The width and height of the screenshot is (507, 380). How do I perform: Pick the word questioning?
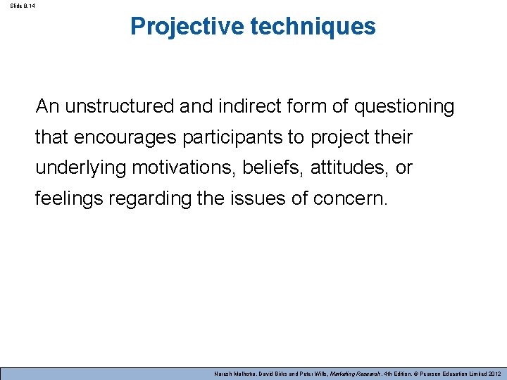[404, 107]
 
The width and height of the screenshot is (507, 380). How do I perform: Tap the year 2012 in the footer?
[494, 373]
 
